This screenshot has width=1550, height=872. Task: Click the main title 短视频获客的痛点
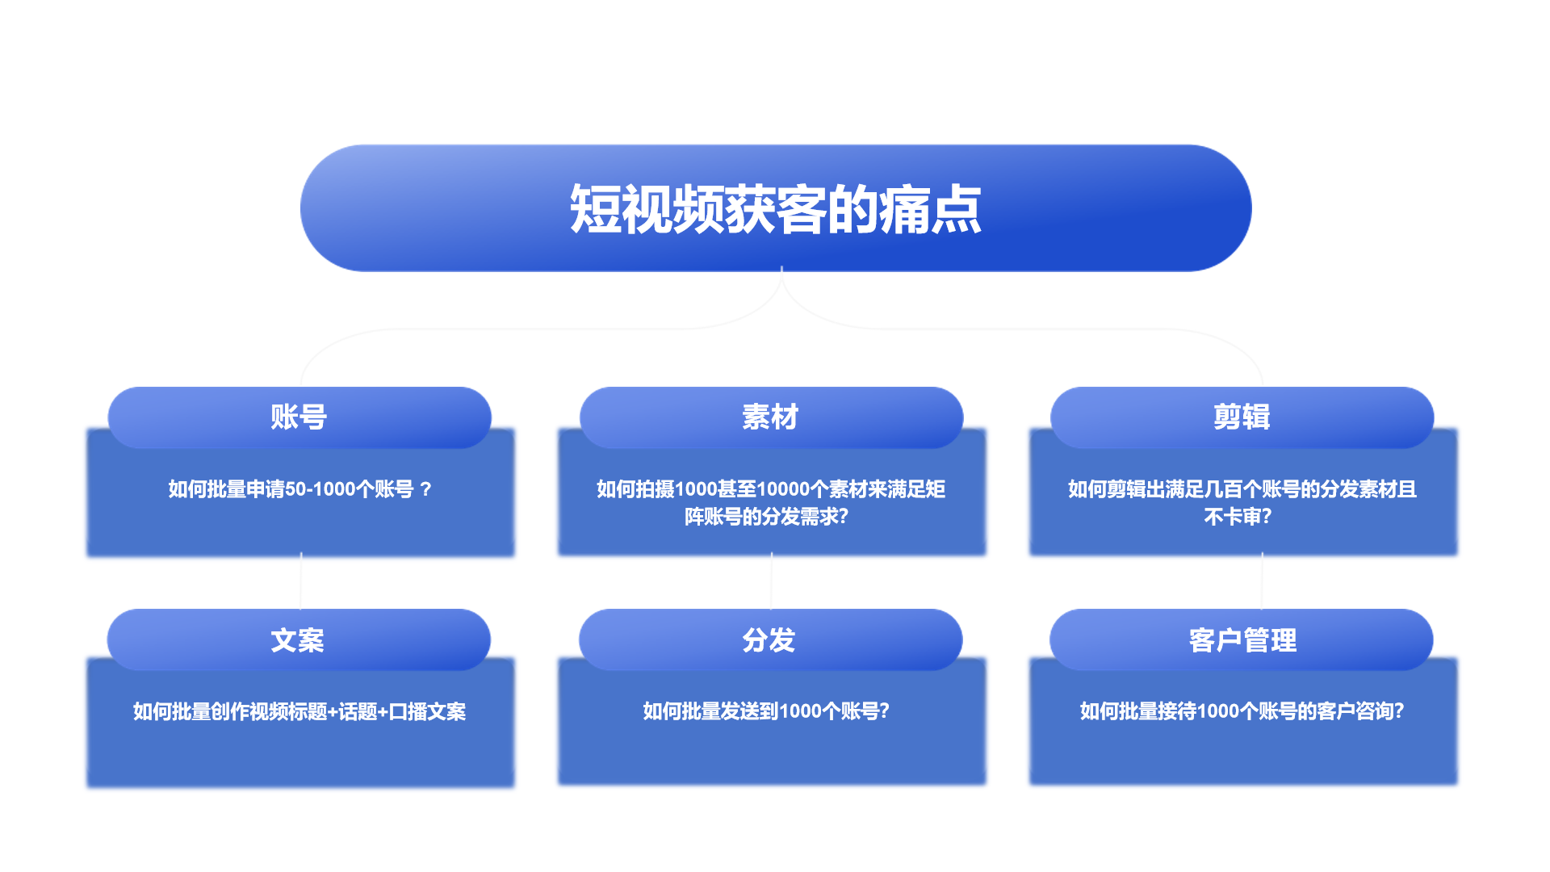click(x=776, y=209)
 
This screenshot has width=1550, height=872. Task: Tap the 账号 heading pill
click(x=300, y=417)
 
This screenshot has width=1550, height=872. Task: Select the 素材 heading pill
click(x=771, y=417)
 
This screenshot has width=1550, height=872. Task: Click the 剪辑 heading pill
click(x=1242, y=417)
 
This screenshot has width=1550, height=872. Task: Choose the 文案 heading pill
click(x=299, y=640)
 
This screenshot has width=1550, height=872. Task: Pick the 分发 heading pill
click(x=770, y=640)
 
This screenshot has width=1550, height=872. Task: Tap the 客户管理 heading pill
click(x=1242, y=640)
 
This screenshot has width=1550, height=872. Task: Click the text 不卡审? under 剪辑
click(x=1238, y=517)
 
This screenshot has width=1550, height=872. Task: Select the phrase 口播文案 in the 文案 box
click(x=427, y=711)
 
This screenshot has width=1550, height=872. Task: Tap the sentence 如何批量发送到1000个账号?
click(x=766, y=711)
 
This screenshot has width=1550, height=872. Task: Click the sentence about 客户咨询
click(x=1242, y=711)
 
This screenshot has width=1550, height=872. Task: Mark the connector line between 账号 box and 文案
click(x=300, y=581)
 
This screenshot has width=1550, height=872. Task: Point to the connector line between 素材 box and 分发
click(x=771, y=581)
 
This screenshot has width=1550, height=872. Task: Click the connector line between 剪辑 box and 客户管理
click(x=1262, y=581)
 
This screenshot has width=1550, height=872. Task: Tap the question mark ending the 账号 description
click(x=425, y=489)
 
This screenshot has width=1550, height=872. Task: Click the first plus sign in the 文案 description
click(x=333, y=712)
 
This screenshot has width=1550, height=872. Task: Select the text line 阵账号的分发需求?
click(x=766, y=517)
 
